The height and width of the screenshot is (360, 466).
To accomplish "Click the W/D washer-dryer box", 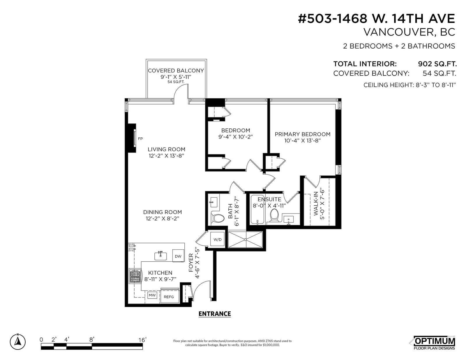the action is coord(217,239).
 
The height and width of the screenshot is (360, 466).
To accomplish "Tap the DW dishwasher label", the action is coord(178,256).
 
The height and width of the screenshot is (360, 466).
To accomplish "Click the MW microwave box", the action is coord(152,295).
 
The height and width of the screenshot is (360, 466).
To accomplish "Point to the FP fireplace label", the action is coord(140,139).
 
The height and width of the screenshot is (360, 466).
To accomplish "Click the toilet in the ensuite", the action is coord(274,215).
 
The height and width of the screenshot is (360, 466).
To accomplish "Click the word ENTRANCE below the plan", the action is coord(215,314).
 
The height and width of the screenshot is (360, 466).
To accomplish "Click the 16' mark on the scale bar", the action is coord(142,340).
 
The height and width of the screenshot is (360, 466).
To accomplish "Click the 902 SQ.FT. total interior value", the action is coord(437,64).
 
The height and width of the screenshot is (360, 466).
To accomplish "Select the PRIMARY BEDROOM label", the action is coord(303,134).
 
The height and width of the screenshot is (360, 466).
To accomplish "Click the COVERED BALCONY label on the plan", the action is coord(176,71).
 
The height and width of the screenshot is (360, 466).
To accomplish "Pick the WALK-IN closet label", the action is coord(316,203).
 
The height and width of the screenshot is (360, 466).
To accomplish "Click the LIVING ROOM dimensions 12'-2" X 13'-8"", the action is coord(166,156).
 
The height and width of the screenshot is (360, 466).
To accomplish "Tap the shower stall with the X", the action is coord(245,239).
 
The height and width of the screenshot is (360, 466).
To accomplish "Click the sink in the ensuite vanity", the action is coord(289,220).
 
